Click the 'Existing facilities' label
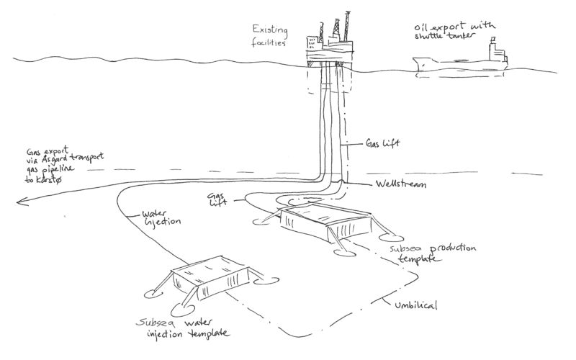269,35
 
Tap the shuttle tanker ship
461,62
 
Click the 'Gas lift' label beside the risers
383,144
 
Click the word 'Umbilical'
415,305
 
